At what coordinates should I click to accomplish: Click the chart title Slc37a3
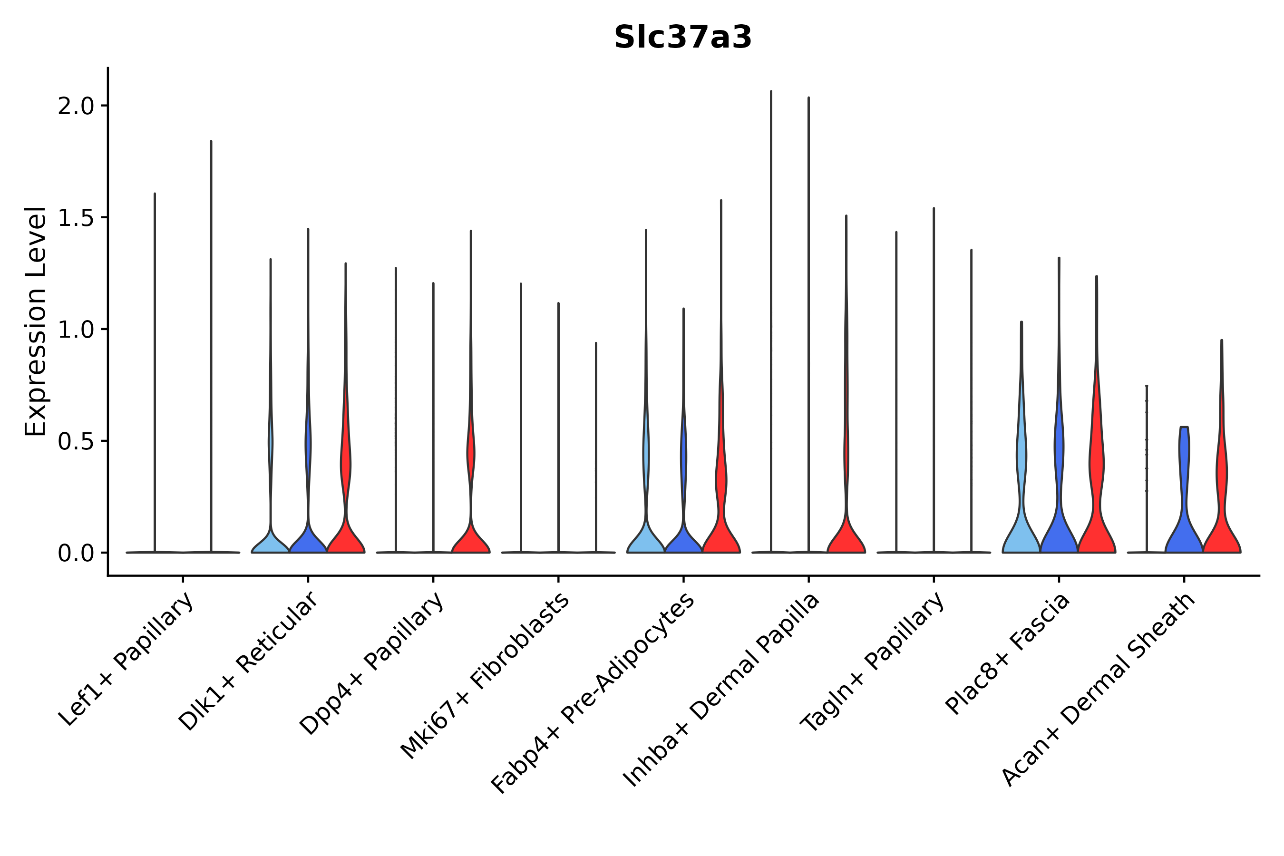tap(682, 38)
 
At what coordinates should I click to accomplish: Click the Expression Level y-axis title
tap(36, 321)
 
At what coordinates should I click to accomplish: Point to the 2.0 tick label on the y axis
tap(76, 106)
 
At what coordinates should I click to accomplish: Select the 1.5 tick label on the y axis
tap(76, 218)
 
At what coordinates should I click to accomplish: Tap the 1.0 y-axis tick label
tap(76, 330)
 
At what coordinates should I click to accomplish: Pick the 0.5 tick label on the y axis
tap(76, 441)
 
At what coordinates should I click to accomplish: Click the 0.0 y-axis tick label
tap(76, 553)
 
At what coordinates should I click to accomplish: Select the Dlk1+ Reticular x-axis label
tap(248, 661)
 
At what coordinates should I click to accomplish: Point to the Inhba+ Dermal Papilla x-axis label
tap(721, 690)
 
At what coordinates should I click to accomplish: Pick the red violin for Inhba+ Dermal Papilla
tap(846, 538)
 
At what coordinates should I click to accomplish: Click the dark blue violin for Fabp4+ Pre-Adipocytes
tap(683, 540)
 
